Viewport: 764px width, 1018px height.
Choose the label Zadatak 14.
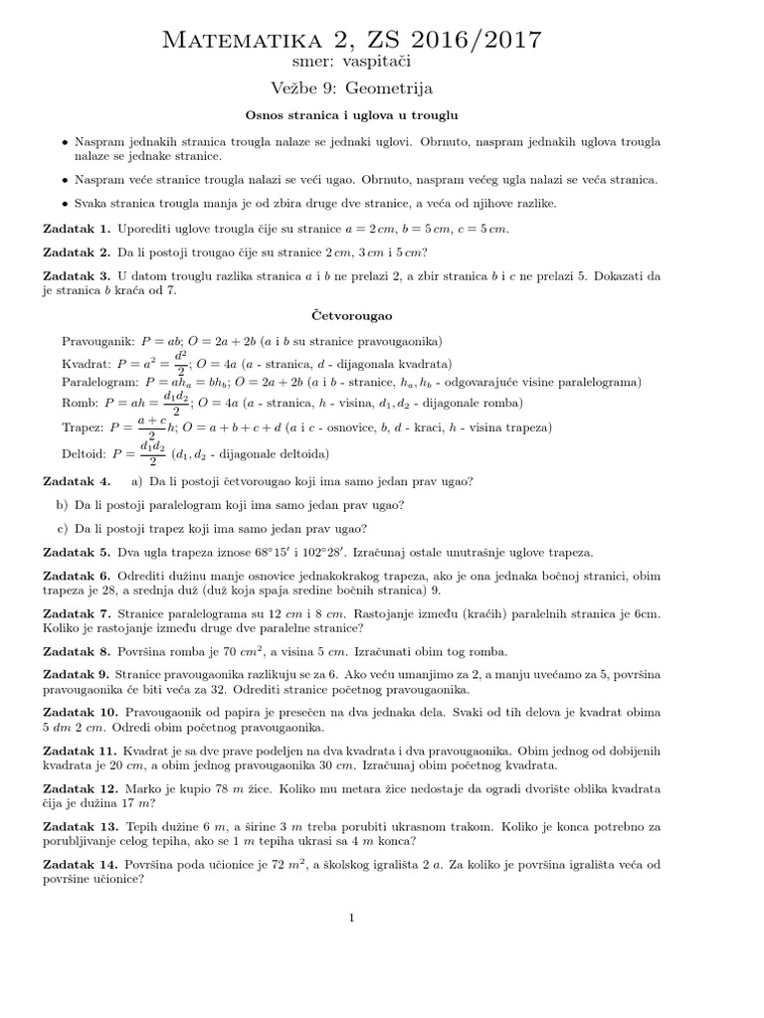point(81,865)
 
